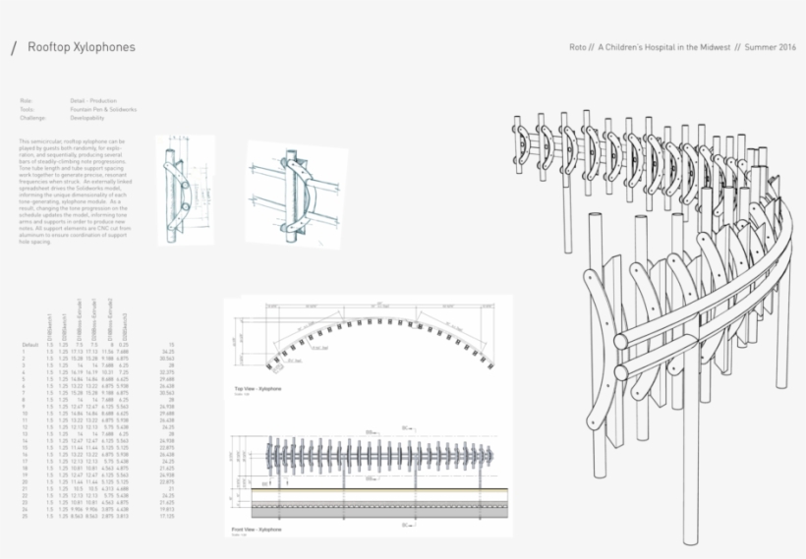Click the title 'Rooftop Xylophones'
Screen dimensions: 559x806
pos(82,47)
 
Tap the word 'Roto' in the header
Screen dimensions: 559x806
pos(579,47)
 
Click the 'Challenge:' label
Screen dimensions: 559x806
pos(32,118)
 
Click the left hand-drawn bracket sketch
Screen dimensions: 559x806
pos(178,190)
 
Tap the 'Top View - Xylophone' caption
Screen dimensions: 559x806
pos(259,390)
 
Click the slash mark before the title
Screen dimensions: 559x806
pos(13,48)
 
